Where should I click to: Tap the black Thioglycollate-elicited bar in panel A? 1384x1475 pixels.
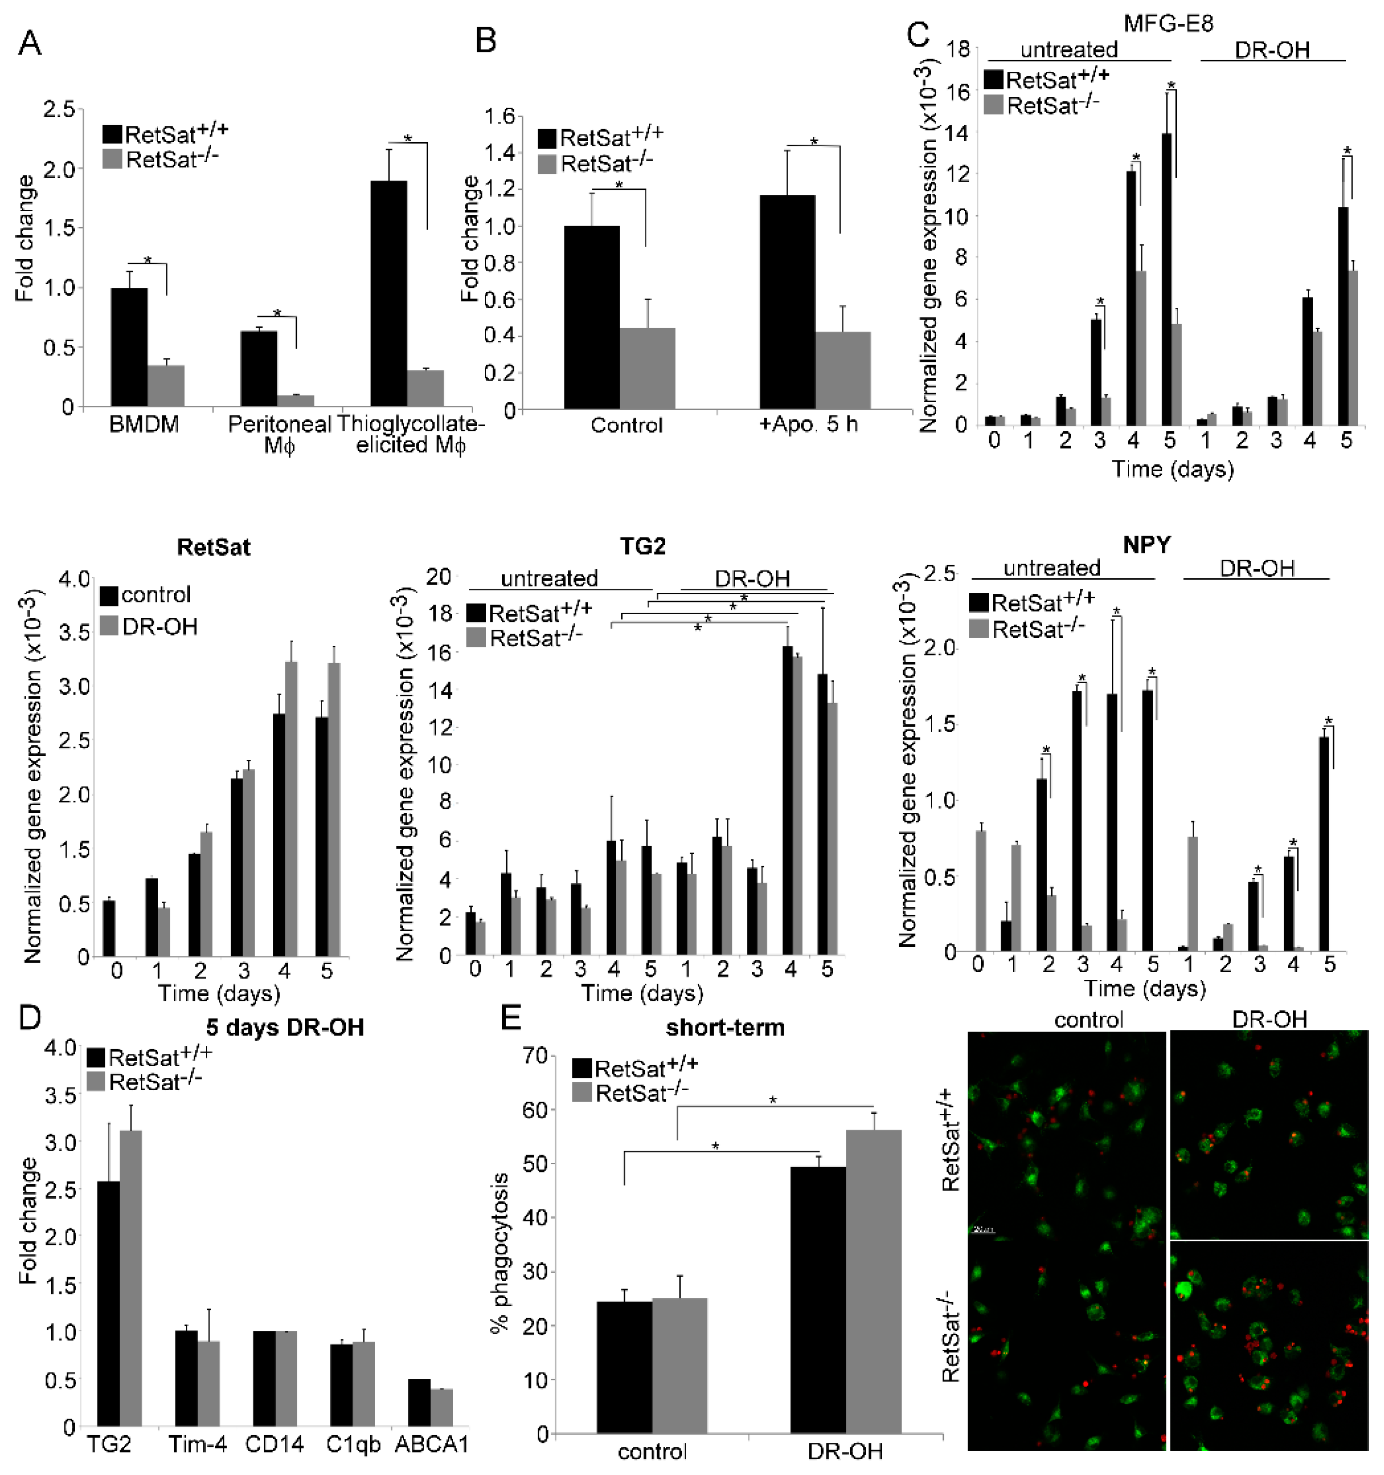[389, 294]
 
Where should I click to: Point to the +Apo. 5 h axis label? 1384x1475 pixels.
[808, 425]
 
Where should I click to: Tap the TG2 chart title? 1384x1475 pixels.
[643, 546]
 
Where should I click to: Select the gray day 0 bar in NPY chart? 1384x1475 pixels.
[981, 890]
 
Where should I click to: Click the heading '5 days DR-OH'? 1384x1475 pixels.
[285, 1028]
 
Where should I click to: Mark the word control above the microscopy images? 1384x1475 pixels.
[1088, 1020]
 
